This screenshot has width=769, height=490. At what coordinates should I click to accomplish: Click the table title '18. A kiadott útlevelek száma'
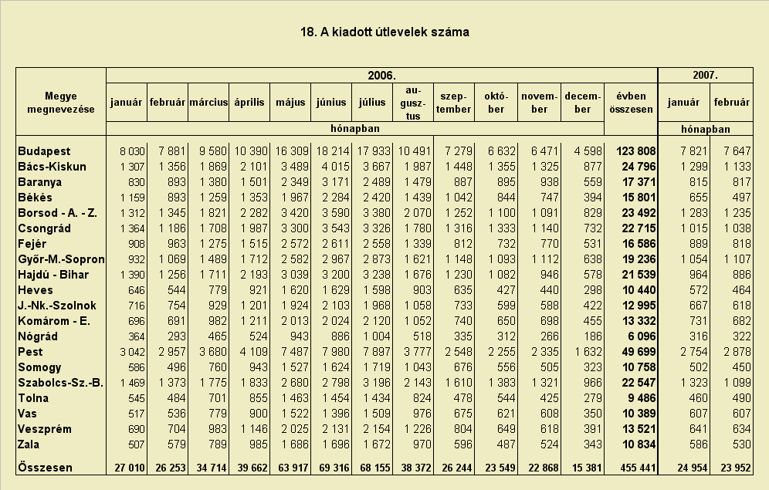point(384,32)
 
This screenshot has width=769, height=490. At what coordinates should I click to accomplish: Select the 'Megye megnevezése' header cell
point(61,103)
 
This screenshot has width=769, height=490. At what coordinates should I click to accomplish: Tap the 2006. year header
point(381,76)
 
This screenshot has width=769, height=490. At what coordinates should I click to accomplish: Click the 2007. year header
point(705,76)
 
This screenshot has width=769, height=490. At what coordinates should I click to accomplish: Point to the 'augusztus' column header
point(413,103)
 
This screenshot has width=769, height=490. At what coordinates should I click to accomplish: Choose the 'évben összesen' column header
point(631,103)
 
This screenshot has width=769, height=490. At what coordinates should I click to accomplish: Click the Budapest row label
point(44,151)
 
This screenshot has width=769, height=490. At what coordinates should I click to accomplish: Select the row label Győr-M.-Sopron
point(61,259)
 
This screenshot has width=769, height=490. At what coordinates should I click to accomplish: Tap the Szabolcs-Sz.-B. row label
point(61,383)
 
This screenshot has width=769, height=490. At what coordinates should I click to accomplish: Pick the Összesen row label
point(45,468)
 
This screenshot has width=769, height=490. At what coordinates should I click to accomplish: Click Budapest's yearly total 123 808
point(635,151)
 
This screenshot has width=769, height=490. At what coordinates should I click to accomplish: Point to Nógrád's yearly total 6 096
point(642,336)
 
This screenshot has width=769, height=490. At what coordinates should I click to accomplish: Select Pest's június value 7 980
point(336,352)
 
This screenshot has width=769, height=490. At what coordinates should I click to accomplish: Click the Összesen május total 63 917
point(293,468)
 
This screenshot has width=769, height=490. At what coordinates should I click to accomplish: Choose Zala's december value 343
point(592,445)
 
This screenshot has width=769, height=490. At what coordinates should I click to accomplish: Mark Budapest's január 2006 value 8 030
point(133,151)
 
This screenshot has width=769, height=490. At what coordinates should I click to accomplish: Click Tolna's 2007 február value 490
point(741,398)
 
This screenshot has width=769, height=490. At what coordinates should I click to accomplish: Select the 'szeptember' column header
point(454,103)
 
